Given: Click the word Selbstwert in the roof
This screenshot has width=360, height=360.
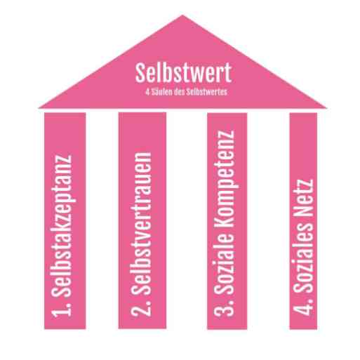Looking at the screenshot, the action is (183, 72).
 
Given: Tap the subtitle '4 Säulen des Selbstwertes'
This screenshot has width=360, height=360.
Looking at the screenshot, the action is (186, 92).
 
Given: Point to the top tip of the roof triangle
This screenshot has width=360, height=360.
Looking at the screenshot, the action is (182, 15).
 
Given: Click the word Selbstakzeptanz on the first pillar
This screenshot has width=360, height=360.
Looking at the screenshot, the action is (62, 226).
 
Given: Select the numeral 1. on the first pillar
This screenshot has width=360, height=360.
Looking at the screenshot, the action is (62, 309).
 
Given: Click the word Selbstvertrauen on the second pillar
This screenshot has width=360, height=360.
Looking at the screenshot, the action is (141, 224).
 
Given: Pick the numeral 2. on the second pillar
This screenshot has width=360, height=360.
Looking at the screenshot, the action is (141, 307).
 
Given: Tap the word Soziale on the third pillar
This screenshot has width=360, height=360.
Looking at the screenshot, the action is (224, 265).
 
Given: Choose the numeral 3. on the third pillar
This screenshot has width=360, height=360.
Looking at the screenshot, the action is (224, 307).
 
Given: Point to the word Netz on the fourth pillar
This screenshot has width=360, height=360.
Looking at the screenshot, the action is (303, 197).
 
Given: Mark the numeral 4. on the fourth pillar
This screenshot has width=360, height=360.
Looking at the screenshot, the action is (303, 306).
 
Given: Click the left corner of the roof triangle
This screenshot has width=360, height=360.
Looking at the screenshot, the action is (39, 108).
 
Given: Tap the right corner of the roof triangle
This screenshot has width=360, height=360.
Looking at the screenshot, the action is (326, 108).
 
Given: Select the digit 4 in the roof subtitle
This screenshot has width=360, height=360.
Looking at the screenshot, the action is (147, 92).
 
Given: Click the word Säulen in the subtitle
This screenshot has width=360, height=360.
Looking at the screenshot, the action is (161, 92).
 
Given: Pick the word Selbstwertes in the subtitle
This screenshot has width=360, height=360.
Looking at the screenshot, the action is (207, 92).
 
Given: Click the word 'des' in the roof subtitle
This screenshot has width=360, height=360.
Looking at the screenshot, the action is (180, 92).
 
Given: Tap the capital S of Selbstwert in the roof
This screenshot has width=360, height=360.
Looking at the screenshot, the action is (140, 72).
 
